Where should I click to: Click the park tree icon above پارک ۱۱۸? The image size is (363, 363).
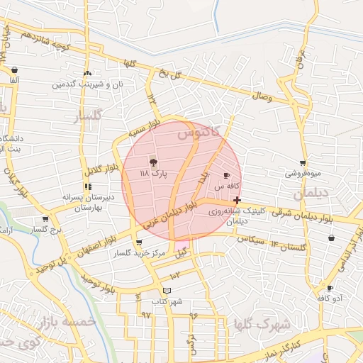pyautogui.click(x=153, y=162)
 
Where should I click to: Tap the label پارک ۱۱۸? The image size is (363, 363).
pyautogui.click(x=153, y=173)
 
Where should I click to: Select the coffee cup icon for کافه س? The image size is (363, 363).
pyautogui.click(x=227, y=174)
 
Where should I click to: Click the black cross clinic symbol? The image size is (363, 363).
pyautogui.click(x=237, y=201)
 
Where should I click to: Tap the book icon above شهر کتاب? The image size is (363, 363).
pyautogui.click(x=167, y=290)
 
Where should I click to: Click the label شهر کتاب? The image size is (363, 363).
pyautogui.click(x=167, y=301)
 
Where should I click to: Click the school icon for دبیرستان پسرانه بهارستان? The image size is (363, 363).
pyautogui.click(x=87, y=187)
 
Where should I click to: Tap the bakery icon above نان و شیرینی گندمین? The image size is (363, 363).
pyautogui.click(x=87, y=73)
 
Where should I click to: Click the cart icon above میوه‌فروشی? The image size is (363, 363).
pyautogui.click(x=303, y=163)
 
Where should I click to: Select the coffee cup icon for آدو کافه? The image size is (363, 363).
pyautogui.click(x=330, y=288)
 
